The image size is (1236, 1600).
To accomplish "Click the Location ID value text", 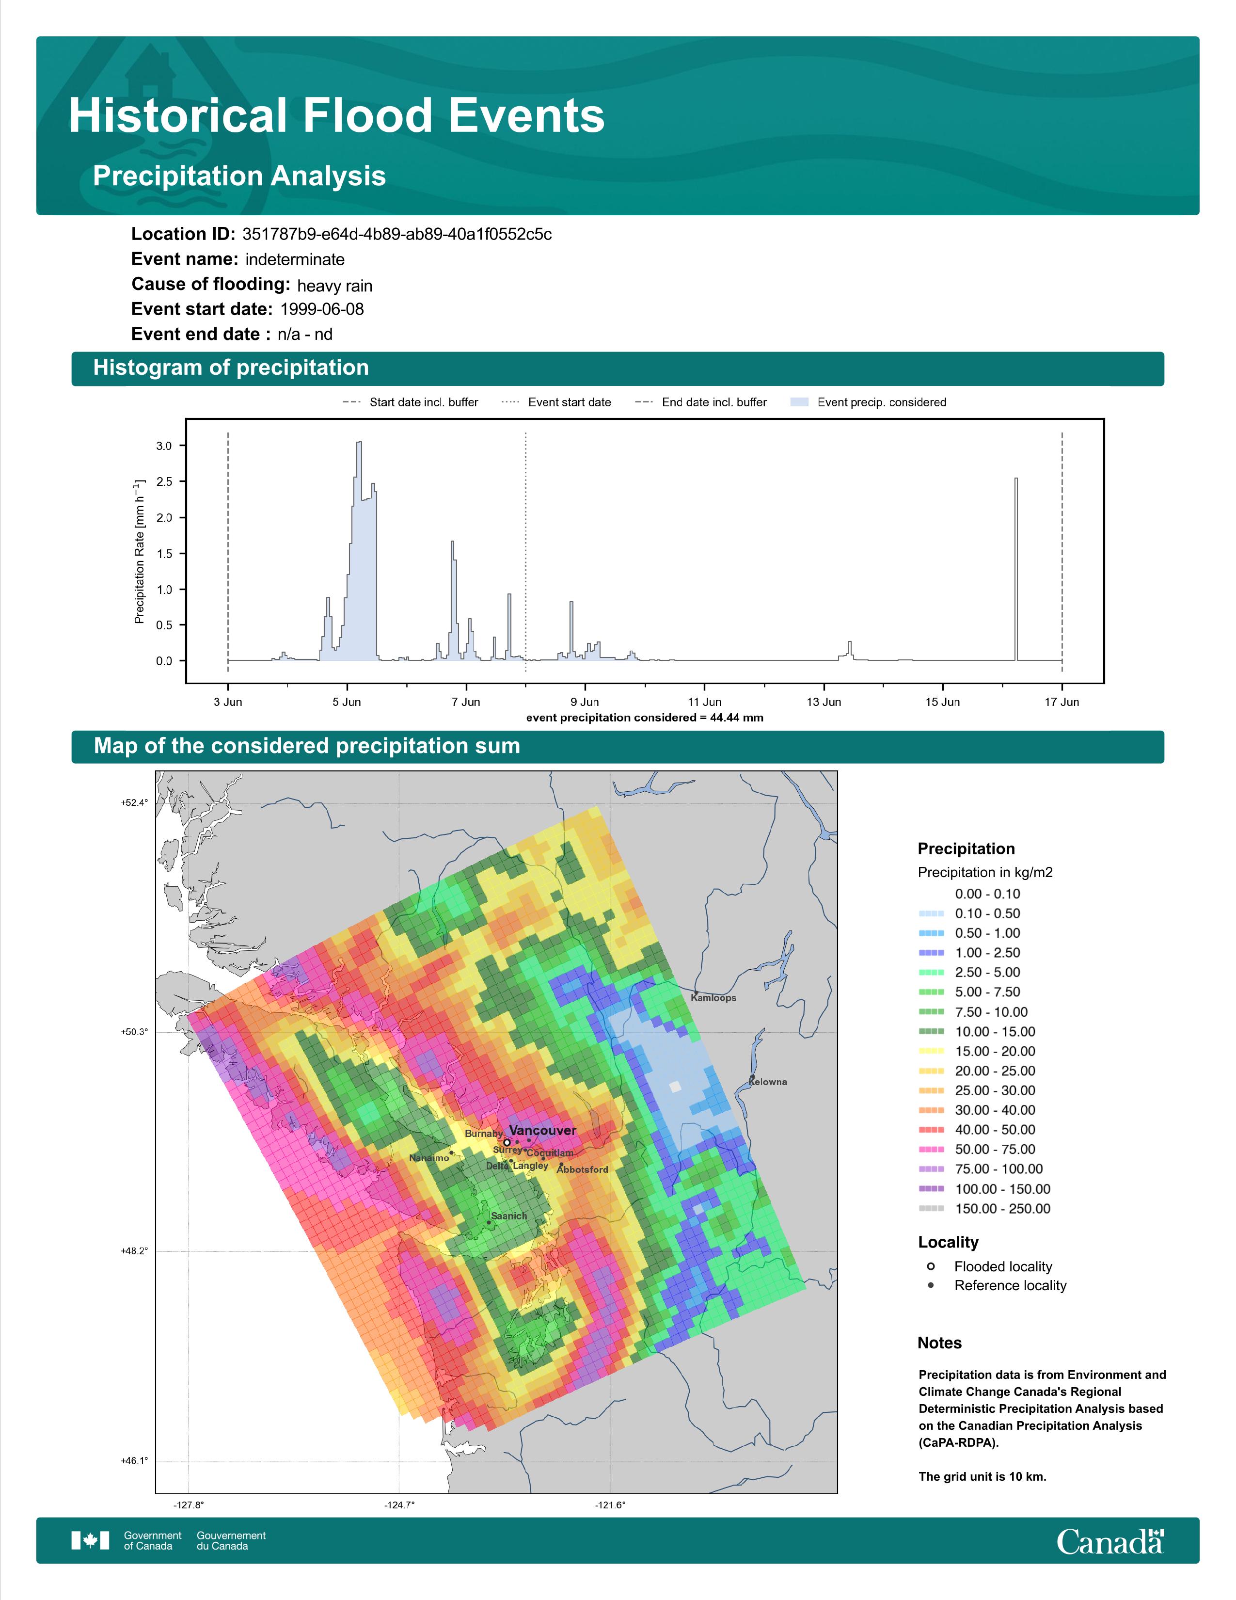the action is click(397, 235).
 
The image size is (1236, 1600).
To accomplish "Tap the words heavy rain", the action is click(334, 286).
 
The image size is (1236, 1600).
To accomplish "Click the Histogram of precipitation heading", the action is click(231, 368).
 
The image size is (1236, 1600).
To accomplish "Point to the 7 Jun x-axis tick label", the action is click(466, 702).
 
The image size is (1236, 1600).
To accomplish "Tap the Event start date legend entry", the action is click(556, 402).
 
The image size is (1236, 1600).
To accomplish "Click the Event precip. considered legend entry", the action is click(869, 402).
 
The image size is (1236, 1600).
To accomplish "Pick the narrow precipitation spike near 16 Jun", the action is click(1015, 569).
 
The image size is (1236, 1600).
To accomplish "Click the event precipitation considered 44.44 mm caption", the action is click(644, 718).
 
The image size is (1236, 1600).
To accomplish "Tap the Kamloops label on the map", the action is click(713, 998).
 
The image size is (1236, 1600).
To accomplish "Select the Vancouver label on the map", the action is click(542, 1130).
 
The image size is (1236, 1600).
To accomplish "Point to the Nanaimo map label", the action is click(429, 1158).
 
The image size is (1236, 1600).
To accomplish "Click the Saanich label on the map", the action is click(509, 1216).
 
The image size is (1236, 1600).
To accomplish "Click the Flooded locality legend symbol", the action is click(931, 1266).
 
